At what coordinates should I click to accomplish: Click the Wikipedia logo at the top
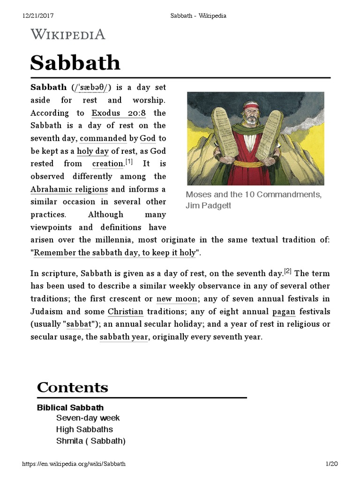pyautogui.click(x=67, y=34)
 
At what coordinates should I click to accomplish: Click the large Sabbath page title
pyautogui.click(x=75, y=62)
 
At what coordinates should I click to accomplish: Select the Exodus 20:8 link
pyautogui.click(x=119, y=113)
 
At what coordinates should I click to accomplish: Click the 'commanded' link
pyautogui.click(x=104, y=138)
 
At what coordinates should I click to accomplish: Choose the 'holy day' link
pyautogui.click(x=93, y=151)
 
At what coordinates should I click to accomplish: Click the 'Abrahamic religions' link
pyautogui.click(x=69, y=189)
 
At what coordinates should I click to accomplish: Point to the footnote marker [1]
pyautogui.click(x=129, y=162)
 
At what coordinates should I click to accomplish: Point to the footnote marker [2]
pyautogui.click(x=288, y=271)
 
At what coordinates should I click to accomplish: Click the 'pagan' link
pyautogui.click(x=284, y=311)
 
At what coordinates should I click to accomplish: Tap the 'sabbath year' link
pyautogui.click(x=124, y=337)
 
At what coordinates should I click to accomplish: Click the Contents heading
pyautogui.click(x=73, y=388)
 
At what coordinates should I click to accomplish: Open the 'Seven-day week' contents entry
pyautogui.click(x=88, y=418)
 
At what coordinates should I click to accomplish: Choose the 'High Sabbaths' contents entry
pyautogui.click(x=84, y=429)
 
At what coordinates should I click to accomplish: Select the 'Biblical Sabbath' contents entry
pyautogui.click(x=70, y=407)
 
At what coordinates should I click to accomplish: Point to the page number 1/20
pyautogui.click(x=331, y=464)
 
